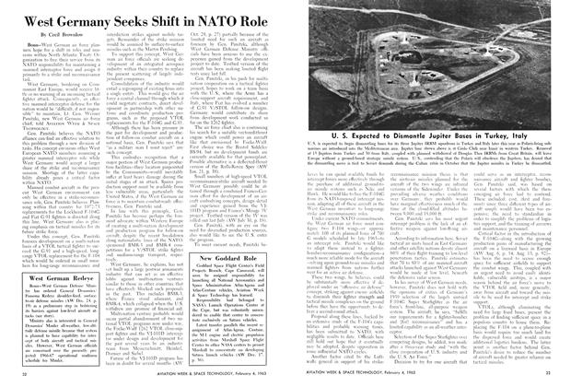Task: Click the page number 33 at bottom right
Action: [x=551, y=379]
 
